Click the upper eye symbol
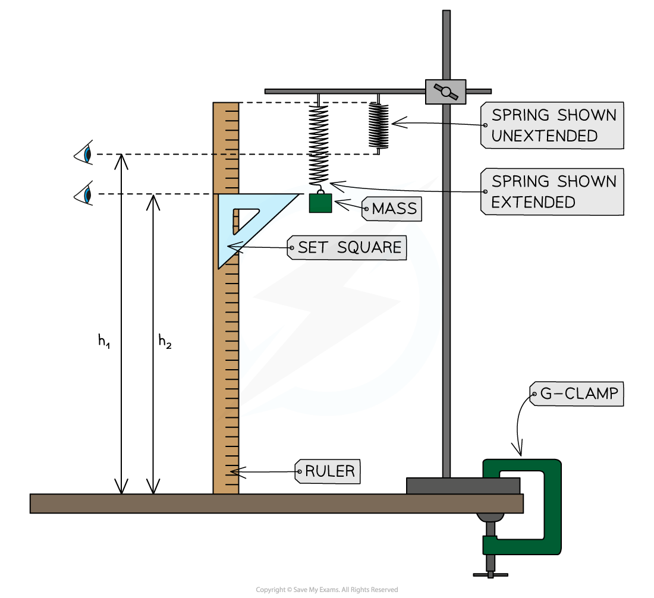pos(84,153)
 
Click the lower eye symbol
pos(84,194)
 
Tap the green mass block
pos(320,203)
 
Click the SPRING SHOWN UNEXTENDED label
pos(552,125)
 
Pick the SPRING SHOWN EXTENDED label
pos(552,191)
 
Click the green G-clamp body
pos(552,505)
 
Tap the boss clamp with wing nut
pos(445,92)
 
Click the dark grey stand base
pos(463,486)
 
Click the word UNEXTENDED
pos(544,136)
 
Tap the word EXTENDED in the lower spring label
pos(533,202)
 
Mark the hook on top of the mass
pos(320,189)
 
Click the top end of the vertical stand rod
pos(446,14)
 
